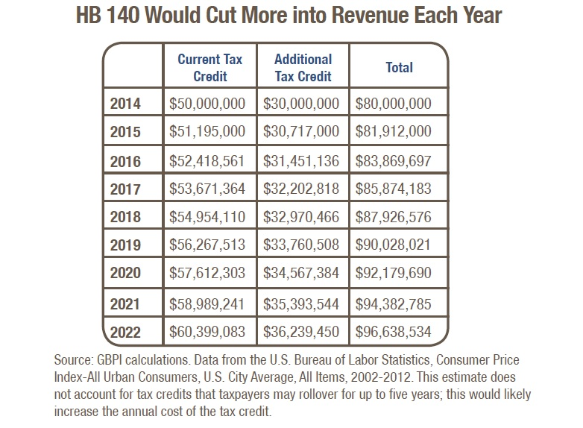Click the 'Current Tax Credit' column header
click(x=210, y=68)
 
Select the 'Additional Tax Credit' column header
click(x=303, y=68)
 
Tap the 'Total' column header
click(x=399, y=67)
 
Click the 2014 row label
click(x=125, y=104)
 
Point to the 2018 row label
click(x=125, y=217)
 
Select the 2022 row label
click(x=125, y=332)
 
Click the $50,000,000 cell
click(x=207, y=104)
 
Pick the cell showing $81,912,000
click(x=394, y=131)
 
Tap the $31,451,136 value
click(x=301, y=161)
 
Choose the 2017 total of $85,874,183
click(x=394, y=189)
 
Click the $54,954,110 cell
click(x=207, y=217)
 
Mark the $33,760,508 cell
click(x=301, y=245)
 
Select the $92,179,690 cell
click(x=394, y=273)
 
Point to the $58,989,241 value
click(x=207, y=304)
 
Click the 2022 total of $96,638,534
click(x=394, y=332)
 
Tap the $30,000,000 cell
click(x=301, y=104)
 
